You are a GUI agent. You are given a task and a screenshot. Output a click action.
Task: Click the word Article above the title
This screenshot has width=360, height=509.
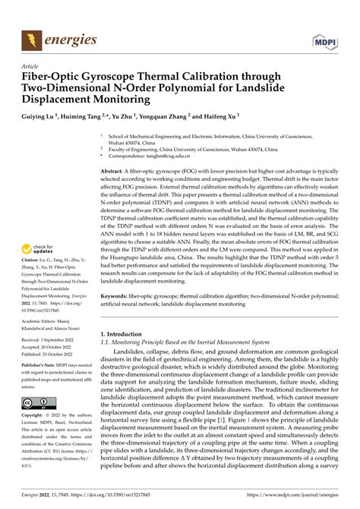coord(30,66)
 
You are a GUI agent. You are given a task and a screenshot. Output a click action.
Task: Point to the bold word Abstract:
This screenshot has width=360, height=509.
coord(115,172)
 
